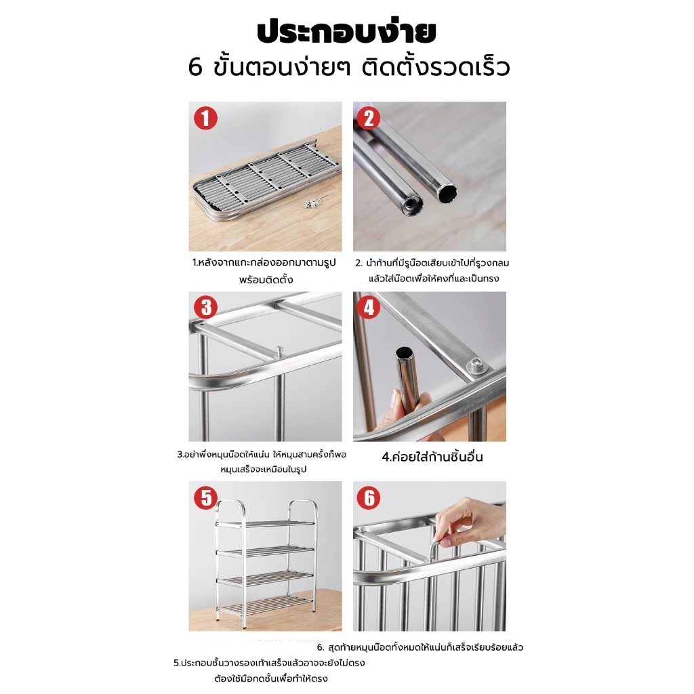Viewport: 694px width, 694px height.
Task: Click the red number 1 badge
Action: [205, 118]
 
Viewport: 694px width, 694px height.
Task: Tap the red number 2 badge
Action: [369, 118]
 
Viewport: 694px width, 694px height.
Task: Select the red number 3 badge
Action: [206, 308]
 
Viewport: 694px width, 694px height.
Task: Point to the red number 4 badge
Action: [369, 308]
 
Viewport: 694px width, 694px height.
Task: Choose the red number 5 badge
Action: [206, 497]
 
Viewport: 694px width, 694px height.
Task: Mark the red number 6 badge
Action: [369, 497]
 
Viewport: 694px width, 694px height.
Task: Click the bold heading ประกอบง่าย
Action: [346, 31]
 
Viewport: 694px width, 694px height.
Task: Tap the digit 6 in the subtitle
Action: [195, 68]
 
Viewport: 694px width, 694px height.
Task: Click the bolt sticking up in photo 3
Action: [279, 352]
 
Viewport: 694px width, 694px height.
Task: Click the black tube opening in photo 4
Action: [404, 352]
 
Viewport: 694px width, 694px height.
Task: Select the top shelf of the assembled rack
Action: [266, 524]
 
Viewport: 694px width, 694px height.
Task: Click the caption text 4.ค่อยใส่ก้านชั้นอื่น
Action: [432, 457]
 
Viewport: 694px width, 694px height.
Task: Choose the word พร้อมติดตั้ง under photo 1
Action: [266, 280]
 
